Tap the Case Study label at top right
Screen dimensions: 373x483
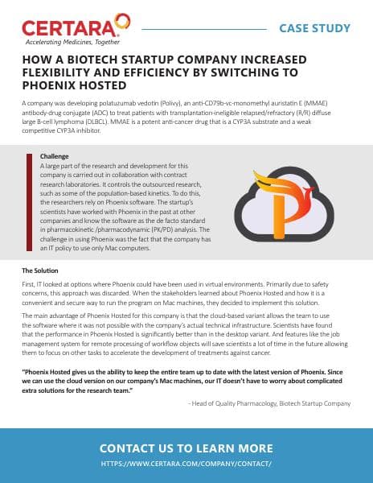click(314, 29)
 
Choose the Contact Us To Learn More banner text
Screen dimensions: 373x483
click(186, 448)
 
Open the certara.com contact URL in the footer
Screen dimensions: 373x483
click(186, 464)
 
